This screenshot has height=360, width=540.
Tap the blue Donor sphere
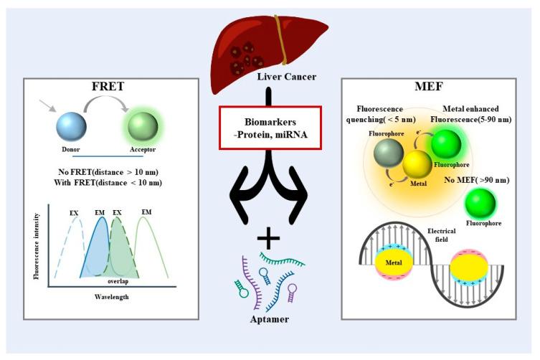pos(72,127)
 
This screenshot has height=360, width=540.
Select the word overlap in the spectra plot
pos(128,281)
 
